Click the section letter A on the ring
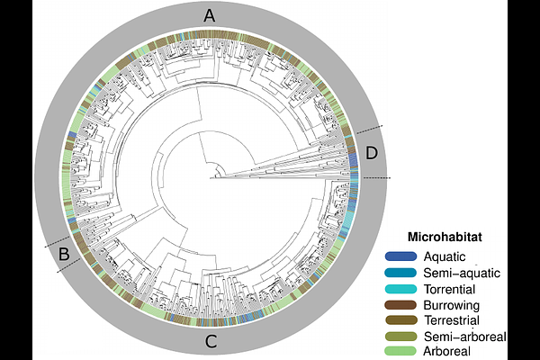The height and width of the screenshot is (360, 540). (x=210, y=16)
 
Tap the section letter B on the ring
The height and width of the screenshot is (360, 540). (x=64, y=254)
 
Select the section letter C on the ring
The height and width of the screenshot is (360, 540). (x=211, y=341)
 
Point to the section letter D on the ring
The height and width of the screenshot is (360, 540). (x=372, y=153)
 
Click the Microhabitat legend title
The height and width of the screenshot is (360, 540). (x=445, y=237)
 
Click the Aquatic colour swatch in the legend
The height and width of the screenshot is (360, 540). (x=400, y=256)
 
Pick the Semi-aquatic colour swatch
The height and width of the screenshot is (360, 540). (x=400, y=273)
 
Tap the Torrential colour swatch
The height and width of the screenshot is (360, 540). (x=400, y=289)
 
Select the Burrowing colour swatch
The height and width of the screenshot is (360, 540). (x=400, y=305)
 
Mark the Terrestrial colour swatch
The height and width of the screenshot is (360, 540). (x=400, y=320)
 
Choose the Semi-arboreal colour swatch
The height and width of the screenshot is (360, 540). (x=400, y=337)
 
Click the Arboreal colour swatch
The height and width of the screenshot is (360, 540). (x=400, y=351)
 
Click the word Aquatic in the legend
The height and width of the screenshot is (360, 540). (x=445, y=257)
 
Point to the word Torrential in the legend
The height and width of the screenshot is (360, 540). (x=449, y=289)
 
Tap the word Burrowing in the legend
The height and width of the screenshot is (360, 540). (x=452, y=306)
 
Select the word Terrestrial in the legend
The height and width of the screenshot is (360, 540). (x=452, y=320)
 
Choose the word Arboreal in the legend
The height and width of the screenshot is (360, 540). (x=447, y=351)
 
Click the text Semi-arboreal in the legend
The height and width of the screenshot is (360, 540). (x=465, y=337)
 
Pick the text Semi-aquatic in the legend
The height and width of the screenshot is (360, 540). (x=462, y=273)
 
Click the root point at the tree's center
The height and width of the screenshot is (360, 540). (x=210, y=178)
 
